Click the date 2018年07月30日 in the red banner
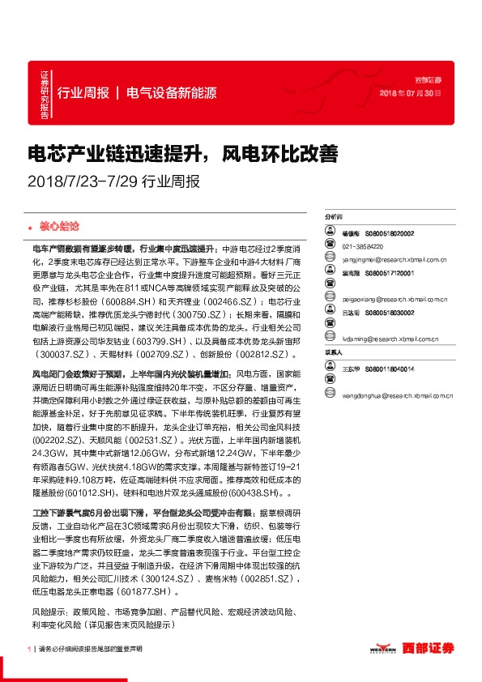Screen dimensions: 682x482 tap(411, 92)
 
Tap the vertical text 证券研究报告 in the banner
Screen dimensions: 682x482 tap(45, 96)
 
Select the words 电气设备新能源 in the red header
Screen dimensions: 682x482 tap(171, 92)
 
